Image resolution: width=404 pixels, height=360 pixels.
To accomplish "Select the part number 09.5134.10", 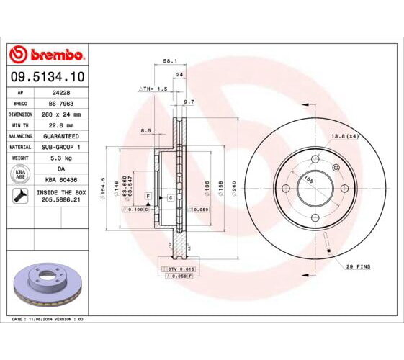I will click(x=48, y=76).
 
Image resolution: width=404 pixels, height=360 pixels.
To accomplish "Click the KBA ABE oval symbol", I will click(x=19, y=174).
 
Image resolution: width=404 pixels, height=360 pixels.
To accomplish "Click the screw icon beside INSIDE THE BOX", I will click(x=19, y=196).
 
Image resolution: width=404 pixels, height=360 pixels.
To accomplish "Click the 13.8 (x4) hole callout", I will click(x=345, y=136).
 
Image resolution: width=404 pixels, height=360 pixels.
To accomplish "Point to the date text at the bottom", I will click(x=48, y=318).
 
